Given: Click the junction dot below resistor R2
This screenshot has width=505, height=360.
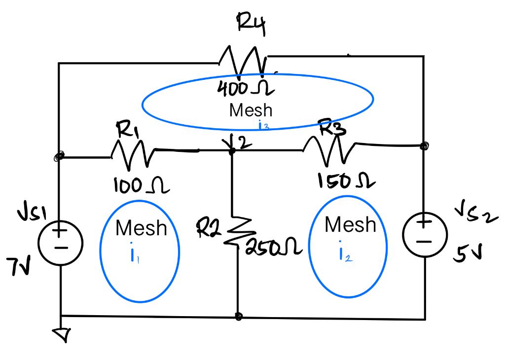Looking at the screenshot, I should pos(239,316).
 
